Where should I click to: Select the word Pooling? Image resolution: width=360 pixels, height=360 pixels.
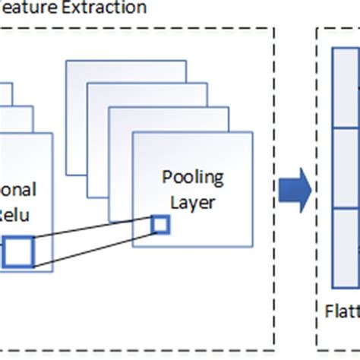point(193,178)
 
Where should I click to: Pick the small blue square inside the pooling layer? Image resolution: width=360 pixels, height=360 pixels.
point(160,224)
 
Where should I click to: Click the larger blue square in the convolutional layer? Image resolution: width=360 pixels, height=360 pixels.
point(19,251)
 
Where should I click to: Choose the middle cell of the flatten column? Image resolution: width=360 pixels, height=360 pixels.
point(346,170)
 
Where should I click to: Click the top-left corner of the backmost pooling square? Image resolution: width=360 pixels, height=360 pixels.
point(66,60)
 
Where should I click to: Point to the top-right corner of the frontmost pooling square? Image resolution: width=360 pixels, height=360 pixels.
point(253,132)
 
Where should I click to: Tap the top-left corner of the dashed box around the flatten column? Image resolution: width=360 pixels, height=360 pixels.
point(316,29)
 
